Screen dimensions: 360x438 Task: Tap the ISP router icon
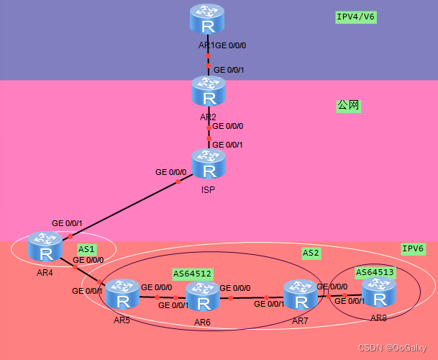(x=209, y=165)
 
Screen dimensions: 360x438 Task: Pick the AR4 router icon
(x=46, y=248)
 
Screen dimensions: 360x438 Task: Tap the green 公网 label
(x=348, y=106)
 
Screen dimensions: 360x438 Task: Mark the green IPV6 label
(x=413, y=248)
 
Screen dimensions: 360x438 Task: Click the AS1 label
(x=87, y=249)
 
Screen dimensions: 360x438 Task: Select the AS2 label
(x=311, y=253)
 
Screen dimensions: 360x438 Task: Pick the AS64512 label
(x=192, y=274)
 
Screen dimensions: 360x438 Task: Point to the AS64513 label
(x=375, y=271)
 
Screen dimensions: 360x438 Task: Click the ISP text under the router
(x=209, y=190)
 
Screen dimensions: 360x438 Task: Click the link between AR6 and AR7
(x=248, y=297)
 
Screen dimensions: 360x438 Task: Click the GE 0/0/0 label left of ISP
(x=171, y=172)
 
